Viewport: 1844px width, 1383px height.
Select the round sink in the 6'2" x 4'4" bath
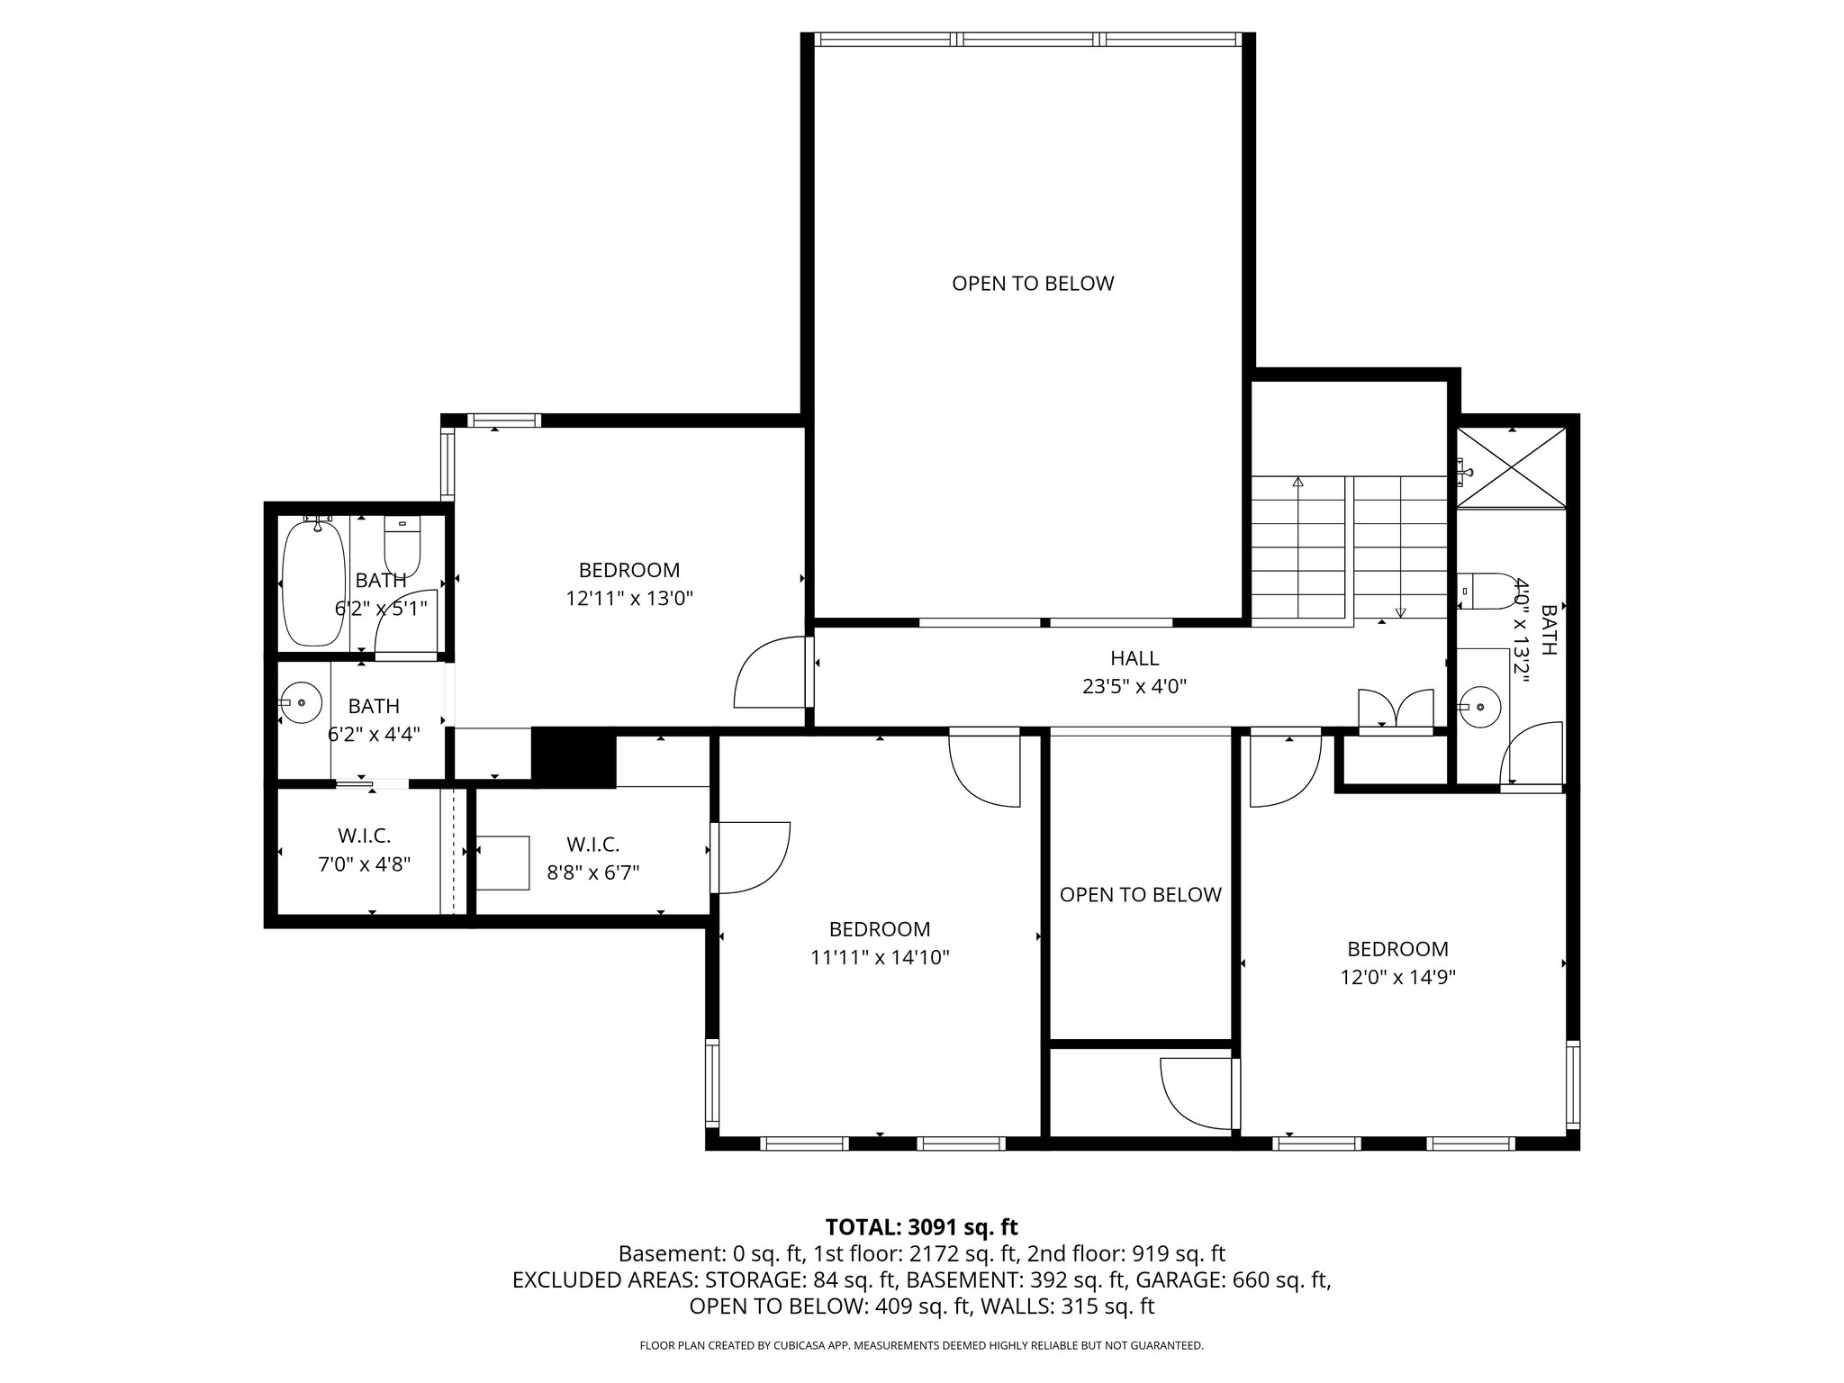coord(300,702)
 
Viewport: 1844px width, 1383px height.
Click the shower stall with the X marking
coord(1512,469)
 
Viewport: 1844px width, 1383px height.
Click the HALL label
coord(1134,658)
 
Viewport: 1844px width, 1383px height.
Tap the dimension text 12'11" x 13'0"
coord(629,598)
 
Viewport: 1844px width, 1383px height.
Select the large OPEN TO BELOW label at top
coord(1033,284)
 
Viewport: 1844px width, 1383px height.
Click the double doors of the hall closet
coord(1395,709)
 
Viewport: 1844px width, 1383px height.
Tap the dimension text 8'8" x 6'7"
coord(592,872)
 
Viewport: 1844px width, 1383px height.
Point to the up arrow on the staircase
coord(1297,484)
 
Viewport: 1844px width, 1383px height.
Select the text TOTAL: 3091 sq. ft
coord(921,1226)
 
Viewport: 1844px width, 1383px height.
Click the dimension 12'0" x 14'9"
coord(1397,977)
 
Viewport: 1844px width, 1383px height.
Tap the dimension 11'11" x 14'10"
coord(880,957)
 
